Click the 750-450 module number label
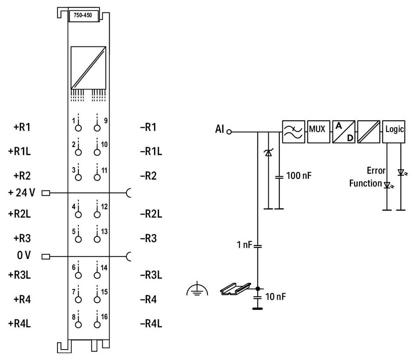coord(84,16)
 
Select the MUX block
coord(317,131)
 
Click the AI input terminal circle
coord(229,131)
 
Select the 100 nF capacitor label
coord(298,176)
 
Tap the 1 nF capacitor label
coord(244,245)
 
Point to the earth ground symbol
coord(197,290)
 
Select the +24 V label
coord(22,193)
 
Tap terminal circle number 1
coord(78,128)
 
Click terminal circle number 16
coord(97,324)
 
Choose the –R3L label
coord(151,275)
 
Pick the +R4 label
coord(22,299)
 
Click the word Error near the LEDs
coord(376,171)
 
